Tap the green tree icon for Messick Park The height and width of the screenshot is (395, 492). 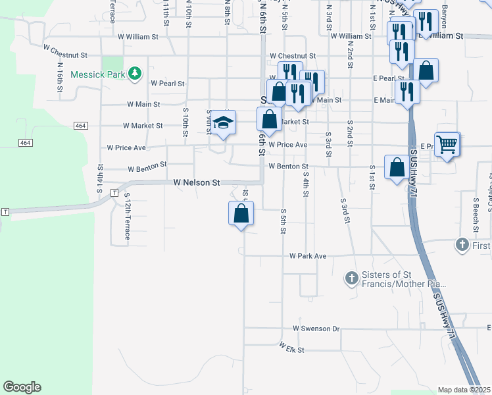point(135,73)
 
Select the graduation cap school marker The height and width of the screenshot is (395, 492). point(224,123)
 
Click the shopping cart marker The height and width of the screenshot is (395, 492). point(447,144)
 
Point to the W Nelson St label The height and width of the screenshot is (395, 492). point(196,182)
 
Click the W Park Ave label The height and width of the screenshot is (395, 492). point(308,255)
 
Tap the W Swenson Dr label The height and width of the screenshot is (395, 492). point(316,328)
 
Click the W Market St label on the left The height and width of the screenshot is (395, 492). point(143,125)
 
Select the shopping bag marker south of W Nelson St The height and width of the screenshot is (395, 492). point(241,213)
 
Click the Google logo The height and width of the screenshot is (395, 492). point(22,387)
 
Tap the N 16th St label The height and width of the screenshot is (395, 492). point(60,77)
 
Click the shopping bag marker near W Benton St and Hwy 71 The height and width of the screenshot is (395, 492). point(397,168)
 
